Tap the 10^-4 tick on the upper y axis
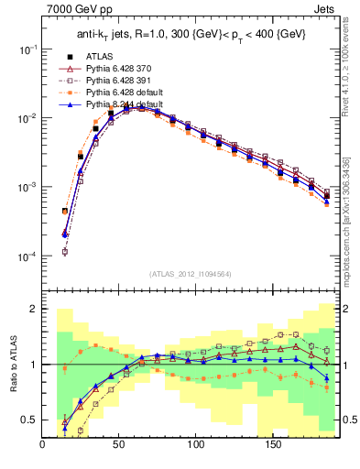27,256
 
